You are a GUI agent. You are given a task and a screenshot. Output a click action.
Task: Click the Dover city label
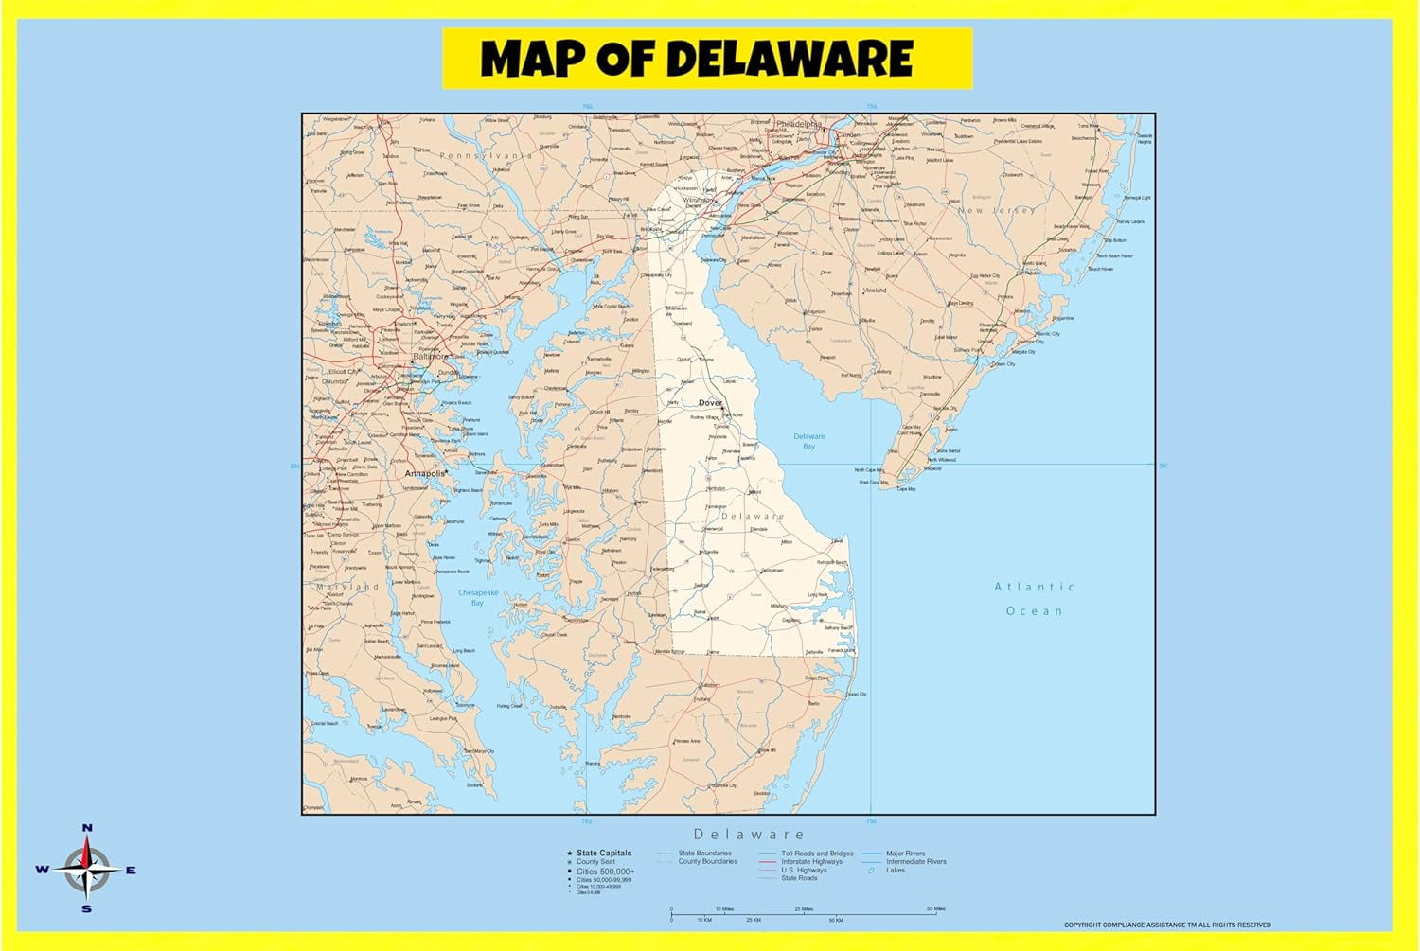tap(710, 403)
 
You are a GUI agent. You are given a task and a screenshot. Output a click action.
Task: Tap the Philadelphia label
tap(799, 124)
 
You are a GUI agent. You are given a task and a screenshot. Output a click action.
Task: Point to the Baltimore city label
tap(430, 357)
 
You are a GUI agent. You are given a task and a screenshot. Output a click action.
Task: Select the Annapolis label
tap(424, 473)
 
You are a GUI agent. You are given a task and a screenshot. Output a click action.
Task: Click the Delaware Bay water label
tap(808, 441)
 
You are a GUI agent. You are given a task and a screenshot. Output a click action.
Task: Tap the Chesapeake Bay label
tap(478, 597)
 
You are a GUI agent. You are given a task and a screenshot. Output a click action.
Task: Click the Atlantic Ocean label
tap(1034, 598)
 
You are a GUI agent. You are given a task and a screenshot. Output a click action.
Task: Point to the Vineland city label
tap(875, 291)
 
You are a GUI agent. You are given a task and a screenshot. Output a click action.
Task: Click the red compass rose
tap(87, 869)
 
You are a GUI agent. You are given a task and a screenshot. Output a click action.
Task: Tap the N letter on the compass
tap(87, 828)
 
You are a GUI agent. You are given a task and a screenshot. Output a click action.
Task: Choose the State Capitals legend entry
tap(603, 853)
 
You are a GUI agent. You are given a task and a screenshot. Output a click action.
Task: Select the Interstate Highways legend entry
tap(811, 861)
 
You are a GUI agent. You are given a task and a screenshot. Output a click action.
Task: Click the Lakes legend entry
tap(895, 870)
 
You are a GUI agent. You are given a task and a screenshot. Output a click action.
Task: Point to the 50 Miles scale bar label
tap(935, 908)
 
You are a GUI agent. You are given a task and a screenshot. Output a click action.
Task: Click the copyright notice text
tap(1166, 925)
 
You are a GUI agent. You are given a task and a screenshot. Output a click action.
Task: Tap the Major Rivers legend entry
tap(905, 853)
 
